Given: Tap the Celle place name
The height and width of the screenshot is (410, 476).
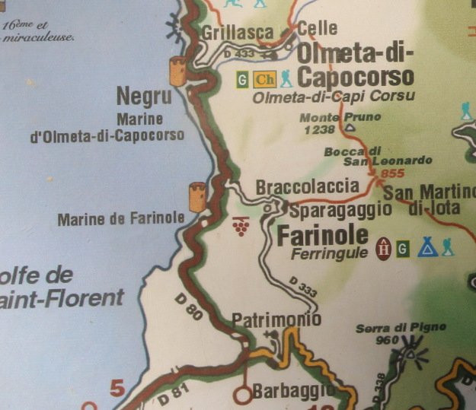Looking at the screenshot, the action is [x=317, y=28].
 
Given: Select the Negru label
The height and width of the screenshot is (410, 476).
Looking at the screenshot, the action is [x=144, y=96].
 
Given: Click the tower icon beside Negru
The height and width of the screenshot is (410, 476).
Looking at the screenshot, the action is [x=178, y=70].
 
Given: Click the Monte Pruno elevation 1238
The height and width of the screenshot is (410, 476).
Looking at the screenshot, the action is [x=319, y=130].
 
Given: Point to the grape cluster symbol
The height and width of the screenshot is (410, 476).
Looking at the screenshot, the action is [x=241, y=225].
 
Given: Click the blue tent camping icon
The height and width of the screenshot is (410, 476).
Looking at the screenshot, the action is [x=427, y=246].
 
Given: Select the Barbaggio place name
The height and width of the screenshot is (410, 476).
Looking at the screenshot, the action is [x=293, y=392].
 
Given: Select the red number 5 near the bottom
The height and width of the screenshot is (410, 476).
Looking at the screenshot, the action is [x=117, y=389].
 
